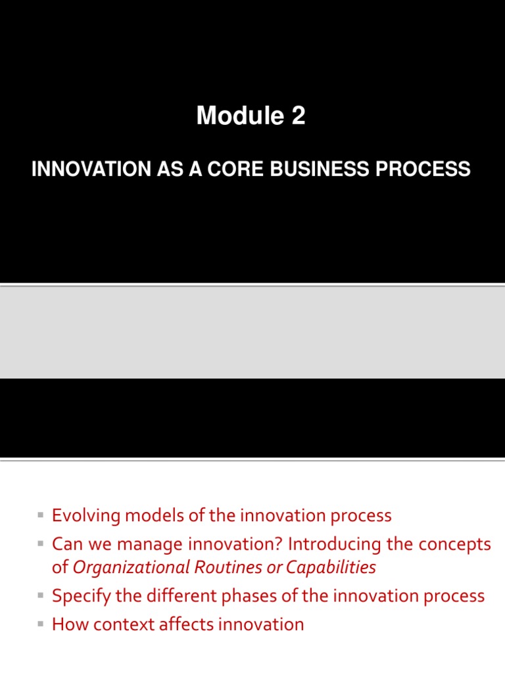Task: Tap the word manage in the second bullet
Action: point(153,545)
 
